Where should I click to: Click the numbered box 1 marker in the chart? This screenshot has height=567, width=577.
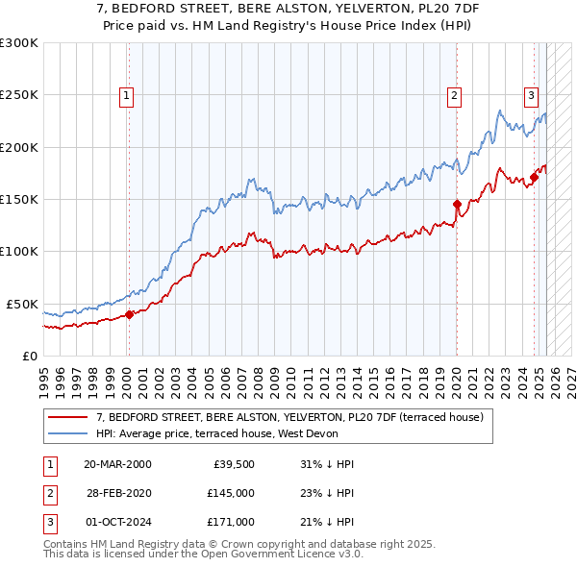pyautogui.click(x=127, y=95)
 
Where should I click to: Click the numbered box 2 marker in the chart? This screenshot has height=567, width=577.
pyautogui.click(x=453, y=95)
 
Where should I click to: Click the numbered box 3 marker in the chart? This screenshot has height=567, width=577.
pyautogui.click(x=530, y=95)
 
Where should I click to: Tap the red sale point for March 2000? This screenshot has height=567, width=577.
pyautogui.click(x=129, y=314)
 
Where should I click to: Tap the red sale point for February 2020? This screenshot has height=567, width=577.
pyautogui.click(x=457, y=204)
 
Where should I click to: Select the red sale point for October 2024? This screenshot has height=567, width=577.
pyautogui.click(x=534, y=177)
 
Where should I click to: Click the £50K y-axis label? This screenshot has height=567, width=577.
pyautogui.click(x=22, y=304)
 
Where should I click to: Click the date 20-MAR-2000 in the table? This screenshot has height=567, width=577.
pyautogui.click(x=117, y=464)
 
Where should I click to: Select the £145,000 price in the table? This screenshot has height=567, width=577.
pyautogui.click(x=230, y=493)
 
